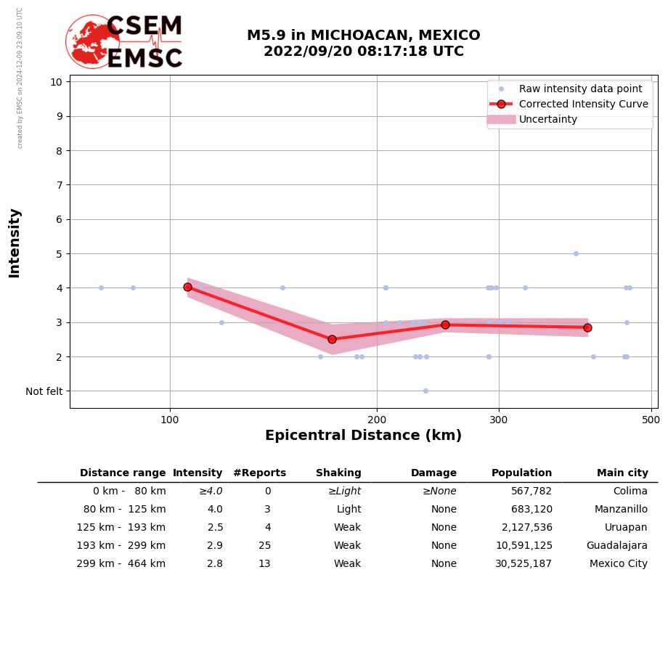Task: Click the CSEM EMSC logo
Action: (x=124, y=42)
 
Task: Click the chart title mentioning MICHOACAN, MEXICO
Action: (x=363, y=44)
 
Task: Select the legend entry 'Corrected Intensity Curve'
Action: (x=583, y=104)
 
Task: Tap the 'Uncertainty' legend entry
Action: (x=547, y=119)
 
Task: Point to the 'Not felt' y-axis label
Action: (x=44, y=391)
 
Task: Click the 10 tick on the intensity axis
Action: (x=56, y=81)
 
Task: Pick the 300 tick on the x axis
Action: (x=499, y=420)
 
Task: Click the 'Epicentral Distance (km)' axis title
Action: (x=363, y=436)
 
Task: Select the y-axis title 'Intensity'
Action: (x=15, y=242)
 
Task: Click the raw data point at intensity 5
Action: (x=576, y=253)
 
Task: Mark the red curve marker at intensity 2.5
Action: (x=332, y=339)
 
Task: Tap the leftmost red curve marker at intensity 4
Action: (x=187, y=287)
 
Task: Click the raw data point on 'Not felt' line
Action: (x=425, y=391)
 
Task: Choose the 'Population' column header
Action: (x=521, y=473)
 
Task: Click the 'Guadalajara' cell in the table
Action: (x=616, y=546)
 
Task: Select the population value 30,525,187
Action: (x=524, y=564)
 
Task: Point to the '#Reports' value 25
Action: (x=264, y=546)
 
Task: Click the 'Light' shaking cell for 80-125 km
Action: (x=349, y=510)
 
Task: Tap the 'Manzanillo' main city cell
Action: (x=621, y=510)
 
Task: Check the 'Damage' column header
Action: (x=433, y=473)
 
